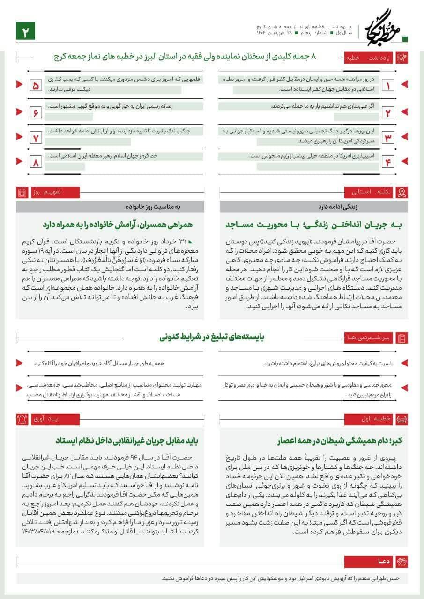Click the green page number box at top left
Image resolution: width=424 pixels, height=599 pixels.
click(x=26, y=31)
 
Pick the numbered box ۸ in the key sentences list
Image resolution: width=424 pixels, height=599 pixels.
click(x=36, y=162)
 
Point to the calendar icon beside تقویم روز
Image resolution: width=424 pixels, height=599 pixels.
click(x=22, y=192)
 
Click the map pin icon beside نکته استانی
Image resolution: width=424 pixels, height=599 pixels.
click(x=402, y=192)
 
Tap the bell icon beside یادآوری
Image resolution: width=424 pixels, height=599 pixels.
click(x=22, y=419)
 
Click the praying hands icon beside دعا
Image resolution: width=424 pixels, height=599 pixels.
click(x=402, y=561)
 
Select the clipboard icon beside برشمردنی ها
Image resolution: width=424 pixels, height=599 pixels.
click(x=402, y=337)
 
